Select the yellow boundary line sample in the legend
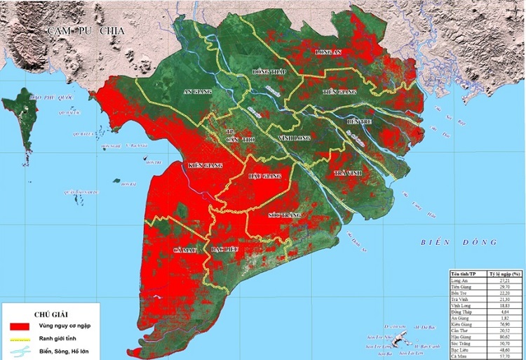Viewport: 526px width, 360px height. coord(20,338)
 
